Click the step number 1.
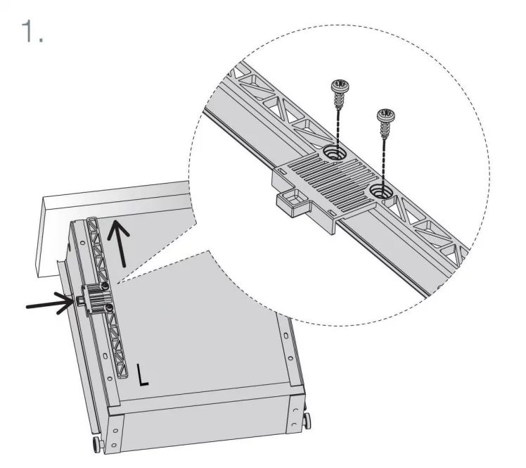click(32, 31)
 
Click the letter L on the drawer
click(143, 374)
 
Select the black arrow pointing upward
click(119, 243)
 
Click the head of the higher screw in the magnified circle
click(340, 85)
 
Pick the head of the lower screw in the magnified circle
click(386, 115)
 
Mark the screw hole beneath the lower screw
click(381, 191)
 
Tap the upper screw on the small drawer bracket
click(105, 286)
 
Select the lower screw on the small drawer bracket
click(108, 308)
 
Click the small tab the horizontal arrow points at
click(80, 300)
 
